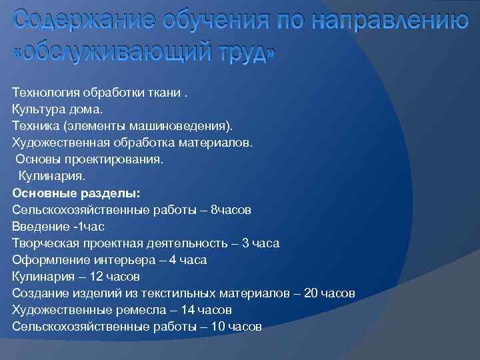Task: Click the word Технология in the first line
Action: pos(44,92)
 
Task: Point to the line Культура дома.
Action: pos(57,109)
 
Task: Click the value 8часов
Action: pos(231,209)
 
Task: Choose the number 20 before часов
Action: pos(311,293)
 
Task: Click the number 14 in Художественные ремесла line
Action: pos(188,310)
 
